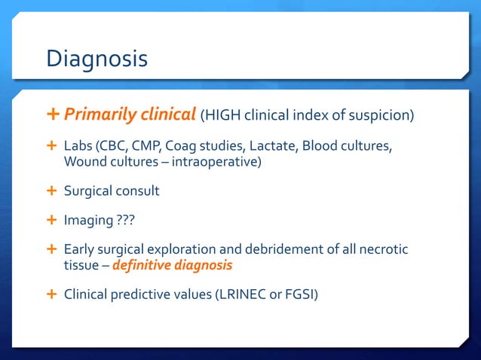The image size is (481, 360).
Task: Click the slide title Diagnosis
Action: click(x=97, y=59)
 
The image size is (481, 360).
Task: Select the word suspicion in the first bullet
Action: click(x=382, y=115)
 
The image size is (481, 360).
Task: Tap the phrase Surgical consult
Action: click(x=112, y=191)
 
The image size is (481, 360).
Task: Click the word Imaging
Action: click(x=87, y=221)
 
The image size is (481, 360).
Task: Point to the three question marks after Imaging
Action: click(x=124, y=221)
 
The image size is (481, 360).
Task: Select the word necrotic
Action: click(x=381, y=250)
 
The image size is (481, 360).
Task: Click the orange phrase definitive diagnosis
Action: click(x=172, y=266)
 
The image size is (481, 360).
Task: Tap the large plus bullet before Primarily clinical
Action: click(x=52, y=114)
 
